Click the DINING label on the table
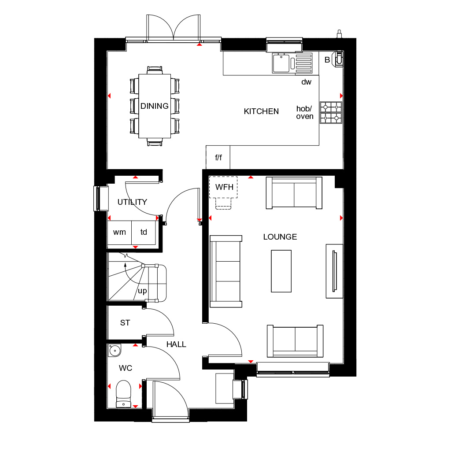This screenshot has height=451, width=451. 154,106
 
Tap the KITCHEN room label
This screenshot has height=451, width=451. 261,111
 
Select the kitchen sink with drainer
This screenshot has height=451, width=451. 292,63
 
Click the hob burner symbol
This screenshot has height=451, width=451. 331,112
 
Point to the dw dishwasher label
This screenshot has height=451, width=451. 306,82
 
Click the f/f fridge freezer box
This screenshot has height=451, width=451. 218,157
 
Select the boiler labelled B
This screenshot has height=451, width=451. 338,59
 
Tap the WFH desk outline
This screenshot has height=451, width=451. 224,187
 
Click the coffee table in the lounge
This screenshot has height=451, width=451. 281,271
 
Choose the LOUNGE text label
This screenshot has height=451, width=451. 280,237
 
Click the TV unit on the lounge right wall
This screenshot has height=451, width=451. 334,270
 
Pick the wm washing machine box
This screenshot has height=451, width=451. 119,232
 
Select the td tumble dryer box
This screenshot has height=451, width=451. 144,232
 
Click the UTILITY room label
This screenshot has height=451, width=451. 132,202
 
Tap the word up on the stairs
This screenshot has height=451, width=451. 142,291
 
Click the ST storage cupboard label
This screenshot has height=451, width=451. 125,323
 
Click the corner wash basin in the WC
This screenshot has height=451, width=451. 115,351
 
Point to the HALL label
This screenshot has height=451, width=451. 176,344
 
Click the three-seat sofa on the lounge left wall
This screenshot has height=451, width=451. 226,271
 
